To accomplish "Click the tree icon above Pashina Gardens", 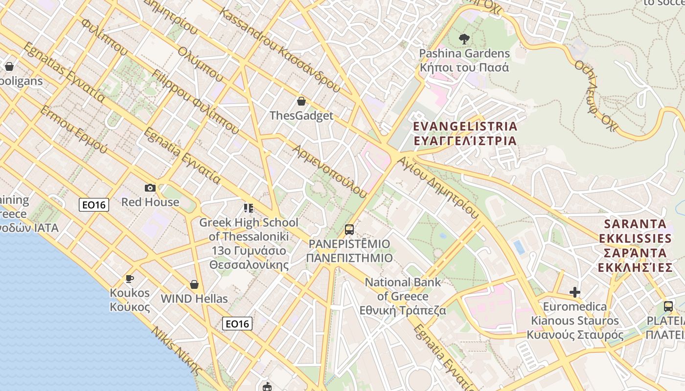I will tap(464, 39).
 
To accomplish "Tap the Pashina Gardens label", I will tap(464, 60).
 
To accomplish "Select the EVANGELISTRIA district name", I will tap(465, 133).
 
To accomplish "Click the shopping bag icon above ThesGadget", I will tap(301, 101).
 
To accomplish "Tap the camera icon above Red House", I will tap(150, 188).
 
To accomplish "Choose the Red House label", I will tap(150, 202).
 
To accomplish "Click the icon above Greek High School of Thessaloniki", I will tap(249, 209).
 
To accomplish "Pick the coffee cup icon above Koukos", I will tap(129, 279).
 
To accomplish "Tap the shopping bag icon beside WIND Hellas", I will tap(194, 284).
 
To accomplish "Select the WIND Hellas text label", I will tap(194, 299).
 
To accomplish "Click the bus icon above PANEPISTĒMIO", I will tap(349, 229).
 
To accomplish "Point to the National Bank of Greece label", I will tap(403, 296).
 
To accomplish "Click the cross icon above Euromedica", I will tap(575, 292).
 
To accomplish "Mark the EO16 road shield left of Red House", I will tap(94, 205).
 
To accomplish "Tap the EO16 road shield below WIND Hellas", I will tap(237, 323).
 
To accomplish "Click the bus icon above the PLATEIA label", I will tap(668, 306).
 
